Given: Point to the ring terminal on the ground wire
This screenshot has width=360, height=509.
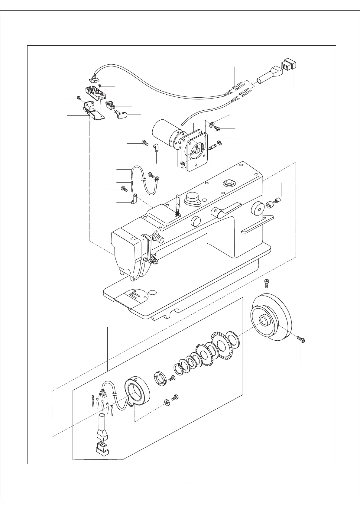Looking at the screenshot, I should coord(157,180).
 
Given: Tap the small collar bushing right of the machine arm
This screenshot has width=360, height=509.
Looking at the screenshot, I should coord(269,205).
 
